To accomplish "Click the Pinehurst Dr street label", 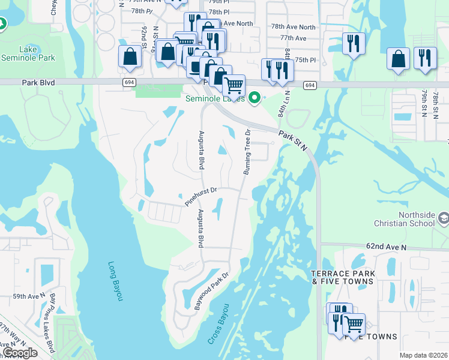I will [x=200, y=196].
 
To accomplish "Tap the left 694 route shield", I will [x=130, y=82].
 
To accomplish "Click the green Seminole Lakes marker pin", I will [x=255, y=96].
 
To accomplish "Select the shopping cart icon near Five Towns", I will [x=354, y=325].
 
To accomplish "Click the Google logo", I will [x=20, y=353].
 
